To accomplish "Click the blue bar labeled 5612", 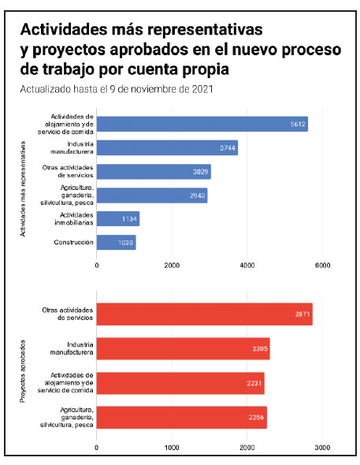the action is [x=202, y=124].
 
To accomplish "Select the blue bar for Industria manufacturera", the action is [x=167, y=147].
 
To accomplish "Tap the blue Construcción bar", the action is [x=116, y=242].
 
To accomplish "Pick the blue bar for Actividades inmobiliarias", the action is [x=118, y=219].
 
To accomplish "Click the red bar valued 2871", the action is [x=205, y=314].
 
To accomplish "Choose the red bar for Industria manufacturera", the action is [x=183, y=348].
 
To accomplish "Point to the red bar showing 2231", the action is [x=180, y=383].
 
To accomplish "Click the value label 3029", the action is [x=201, y=172].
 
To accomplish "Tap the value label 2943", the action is [x=198, y=195].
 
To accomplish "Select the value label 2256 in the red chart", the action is [x=256, y=418].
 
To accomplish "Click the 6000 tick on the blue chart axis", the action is [x=323, y=266].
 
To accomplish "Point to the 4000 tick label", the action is [x=247, y=266].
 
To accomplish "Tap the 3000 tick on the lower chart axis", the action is [x=322, y=448].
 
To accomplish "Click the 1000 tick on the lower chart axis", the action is [x=172, y=448].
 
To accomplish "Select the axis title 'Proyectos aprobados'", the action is [x=23, y=371].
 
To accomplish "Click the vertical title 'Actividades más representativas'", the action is [x=23, y=189].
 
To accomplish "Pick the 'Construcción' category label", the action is [x=73, y=242].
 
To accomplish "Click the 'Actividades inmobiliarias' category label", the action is [x=74, y=219].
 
